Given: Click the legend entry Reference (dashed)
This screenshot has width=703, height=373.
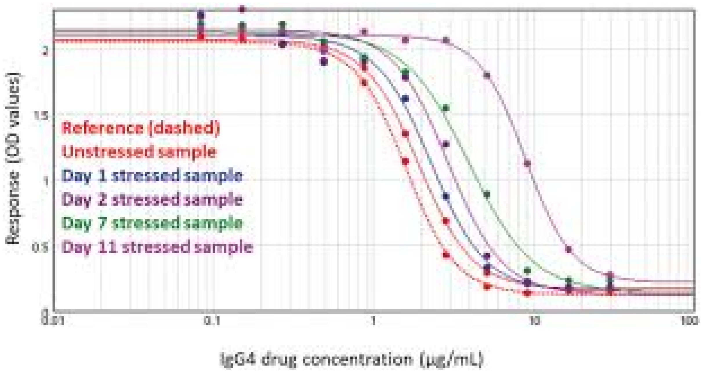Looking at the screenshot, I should (141, 128).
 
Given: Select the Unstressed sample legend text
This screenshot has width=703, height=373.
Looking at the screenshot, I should (139, 151).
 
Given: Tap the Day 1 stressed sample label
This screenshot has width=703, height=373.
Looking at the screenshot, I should (152, 175).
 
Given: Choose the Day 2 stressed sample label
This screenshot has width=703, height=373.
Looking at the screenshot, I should (152, 200).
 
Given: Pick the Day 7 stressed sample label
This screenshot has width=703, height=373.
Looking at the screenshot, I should (152, 223).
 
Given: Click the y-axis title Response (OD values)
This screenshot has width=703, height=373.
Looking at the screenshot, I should (13, 158).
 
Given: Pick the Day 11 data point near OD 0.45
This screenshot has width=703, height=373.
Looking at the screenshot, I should (569, 249).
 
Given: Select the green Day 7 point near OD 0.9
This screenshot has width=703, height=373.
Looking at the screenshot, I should (487, 194).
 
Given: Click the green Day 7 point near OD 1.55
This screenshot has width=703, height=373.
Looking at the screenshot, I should (446, 108).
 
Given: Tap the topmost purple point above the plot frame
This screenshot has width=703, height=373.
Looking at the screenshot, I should (242, 9).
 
